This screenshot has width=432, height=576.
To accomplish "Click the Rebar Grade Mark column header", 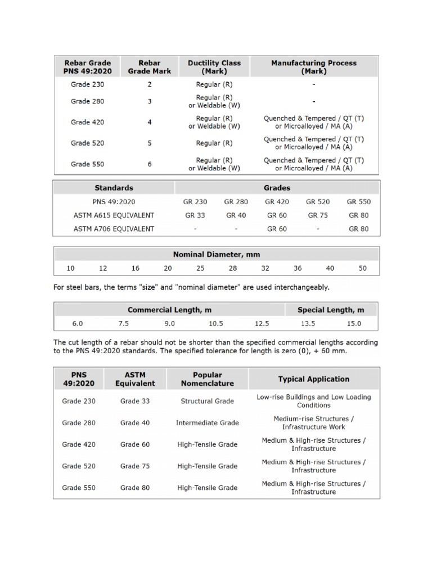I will pos(150,67).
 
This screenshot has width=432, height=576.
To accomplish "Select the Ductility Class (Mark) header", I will pos(214,67).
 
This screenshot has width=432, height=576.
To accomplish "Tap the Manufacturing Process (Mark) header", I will pos(314,67).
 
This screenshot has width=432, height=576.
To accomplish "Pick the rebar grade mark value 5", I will pos(150,143).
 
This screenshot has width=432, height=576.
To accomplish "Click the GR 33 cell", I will pos(196,215).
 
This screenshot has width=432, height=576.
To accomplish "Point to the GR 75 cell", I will pos(318,215).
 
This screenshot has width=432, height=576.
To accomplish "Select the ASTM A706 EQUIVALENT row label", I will pos(114,228).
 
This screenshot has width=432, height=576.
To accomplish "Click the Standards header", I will pos(114,187).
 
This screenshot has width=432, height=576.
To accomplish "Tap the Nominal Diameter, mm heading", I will pos(216,254).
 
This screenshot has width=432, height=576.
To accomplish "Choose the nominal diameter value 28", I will pos(233,268).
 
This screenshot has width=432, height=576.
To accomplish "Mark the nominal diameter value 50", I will pos(362,268).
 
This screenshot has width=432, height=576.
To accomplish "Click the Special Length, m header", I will pos(330,310).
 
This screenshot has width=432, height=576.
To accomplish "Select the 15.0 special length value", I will pos(354,323).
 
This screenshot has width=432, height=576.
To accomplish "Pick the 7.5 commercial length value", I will pos(124,323).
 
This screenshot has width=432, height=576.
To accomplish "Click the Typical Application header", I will pos(313,379).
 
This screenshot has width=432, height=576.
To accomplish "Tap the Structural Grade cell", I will pos(207,401).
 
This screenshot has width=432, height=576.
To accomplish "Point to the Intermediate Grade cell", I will pos(207,423).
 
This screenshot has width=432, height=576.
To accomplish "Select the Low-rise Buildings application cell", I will pos(313,401).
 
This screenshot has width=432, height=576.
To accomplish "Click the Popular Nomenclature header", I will pos(207,379).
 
